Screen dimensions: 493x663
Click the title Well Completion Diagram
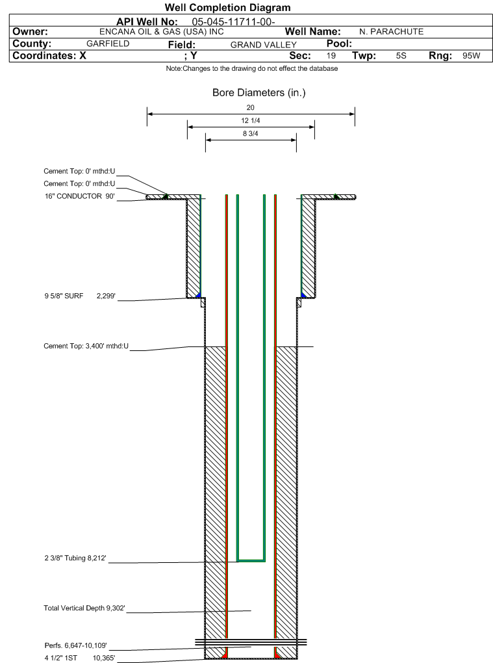point(228,8)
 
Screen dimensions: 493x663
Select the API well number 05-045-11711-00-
point(233,22)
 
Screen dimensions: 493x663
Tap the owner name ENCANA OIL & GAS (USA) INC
point(161,32)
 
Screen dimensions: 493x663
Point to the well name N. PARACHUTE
point(391,32)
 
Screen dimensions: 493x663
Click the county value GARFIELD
point(108,44)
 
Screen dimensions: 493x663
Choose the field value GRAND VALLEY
point(264,44)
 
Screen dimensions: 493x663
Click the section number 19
point(331,55)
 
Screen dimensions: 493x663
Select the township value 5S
point(401,55)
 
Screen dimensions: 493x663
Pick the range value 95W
point(471,55)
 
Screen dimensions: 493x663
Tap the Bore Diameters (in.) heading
point(259,92)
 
